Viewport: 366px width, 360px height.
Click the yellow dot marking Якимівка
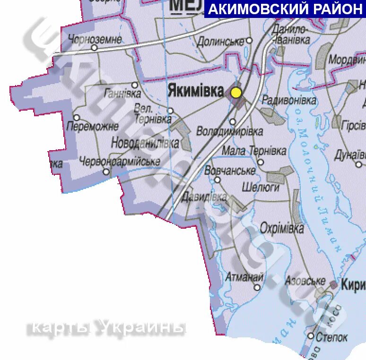pos(236,92)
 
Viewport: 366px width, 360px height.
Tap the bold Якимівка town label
pos(195,91)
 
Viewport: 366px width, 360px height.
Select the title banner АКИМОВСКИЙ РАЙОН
pos(285,9)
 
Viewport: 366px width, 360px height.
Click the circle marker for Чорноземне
pos(94,48)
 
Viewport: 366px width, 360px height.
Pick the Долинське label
pos(221,41)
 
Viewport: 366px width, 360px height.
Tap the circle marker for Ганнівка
pos(135,85)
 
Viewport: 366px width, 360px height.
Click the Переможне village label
pos(92,126)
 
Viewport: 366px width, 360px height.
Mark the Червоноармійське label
pos(120,162)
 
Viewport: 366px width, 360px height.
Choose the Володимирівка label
pos(229,131)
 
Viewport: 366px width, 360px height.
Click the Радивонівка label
pos(289,100)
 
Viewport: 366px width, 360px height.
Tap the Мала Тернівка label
pos(254,151)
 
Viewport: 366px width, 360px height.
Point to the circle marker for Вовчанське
pos(218,180)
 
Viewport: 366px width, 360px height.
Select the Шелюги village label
pos(261,187)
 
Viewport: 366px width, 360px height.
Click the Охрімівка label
pos(282,229)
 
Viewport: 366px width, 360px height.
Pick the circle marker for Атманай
pos(257,287)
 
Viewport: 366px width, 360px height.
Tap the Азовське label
pos(305,281)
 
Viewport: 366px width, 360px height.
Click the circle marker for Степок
pos(311,336)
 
